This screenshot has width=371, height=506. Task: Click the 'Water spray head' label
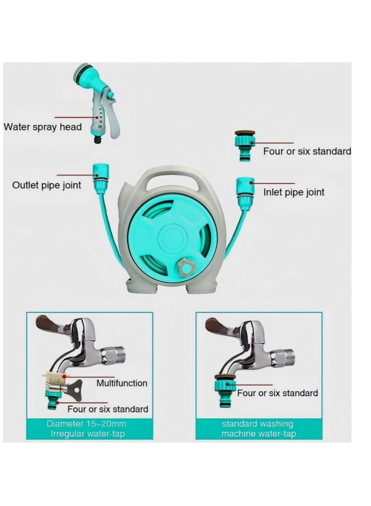click(43, 127)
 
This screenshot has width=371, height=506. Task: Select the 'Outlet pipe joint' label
click(46, 185)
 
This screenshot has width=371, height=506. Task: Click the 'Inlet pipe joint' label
click(294, 192)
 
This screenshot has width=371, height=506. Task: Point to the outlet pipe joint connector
click(100, 177)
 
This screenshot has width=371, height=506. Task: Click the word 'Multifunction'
click(122, 383)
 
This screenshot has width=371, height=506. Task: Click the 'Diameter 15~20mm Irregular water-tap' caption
click(86, 429)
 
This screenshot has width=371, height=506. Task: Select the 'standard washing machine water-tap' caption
click(257, 429)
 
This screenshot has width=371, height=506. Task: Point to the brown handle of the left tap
click(47, 323)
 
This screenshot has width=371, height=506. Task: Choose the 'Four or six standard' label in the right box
click(278, 393)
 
